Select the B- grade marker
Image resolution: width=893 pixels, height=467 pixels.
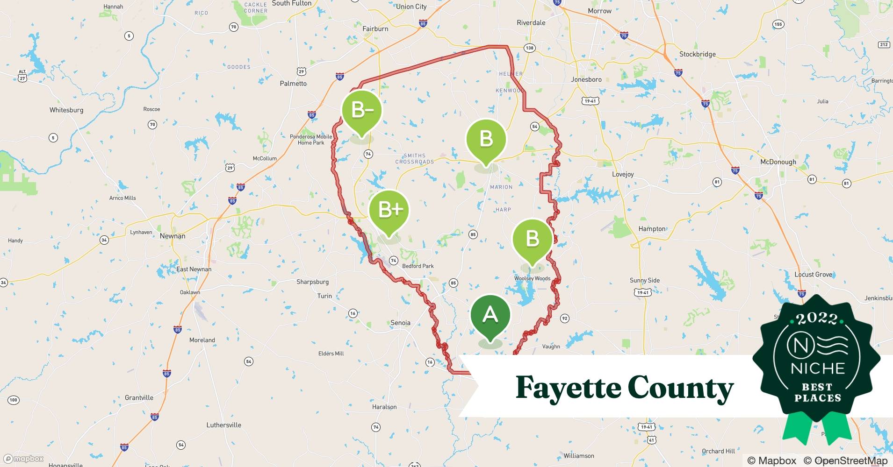(362, 111)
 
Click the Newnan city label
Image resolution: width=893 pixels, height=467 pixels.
(173, 236)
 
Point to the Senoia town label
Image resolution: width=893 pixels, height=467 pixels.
(400, 323)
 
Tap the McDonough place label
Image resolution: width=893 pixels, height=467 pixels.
(778, 162)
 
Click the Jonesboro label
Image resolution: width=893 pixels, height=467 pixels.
(586, 79)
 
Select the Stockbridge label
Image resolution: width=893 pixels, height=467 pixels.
(697, 54)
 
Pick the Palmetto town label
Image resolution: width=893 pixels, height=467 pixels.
(293, 84)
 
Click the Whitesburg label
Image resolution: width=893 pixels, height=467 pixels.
(66, 110)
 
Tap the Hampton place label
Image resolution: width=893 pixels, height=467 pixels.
(652, 229)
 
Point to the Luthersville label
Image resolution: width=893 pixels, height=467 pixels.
(223, 425)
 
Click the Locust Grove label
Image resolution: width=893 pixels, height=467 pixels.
(813, 275)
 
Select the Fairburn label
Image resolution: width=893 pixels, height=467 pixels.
(375, 29)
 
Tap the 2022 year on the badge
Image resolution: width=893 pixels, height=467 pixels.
(816, 319)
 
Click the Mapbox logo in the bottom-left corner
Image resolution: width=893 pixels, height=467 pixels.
(23, 459)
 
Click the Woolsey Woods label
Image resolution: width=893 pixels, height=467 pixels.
(532, 278)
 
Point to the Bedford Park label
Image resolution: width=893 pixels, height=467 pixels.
(418, 266)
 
